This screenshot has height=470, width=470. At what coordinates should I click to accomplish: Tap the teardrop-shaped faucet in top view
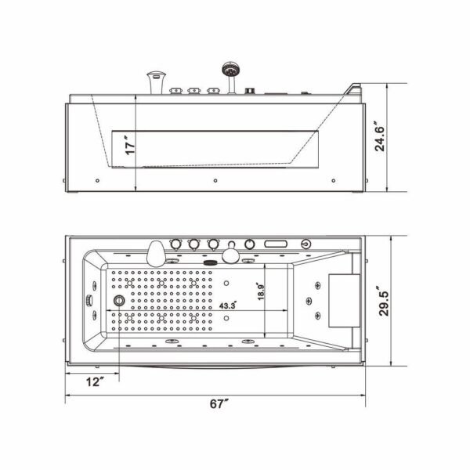point(156,251)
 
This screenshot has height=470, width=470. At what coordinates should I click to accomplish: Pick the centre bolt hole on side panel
point(215,179)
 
